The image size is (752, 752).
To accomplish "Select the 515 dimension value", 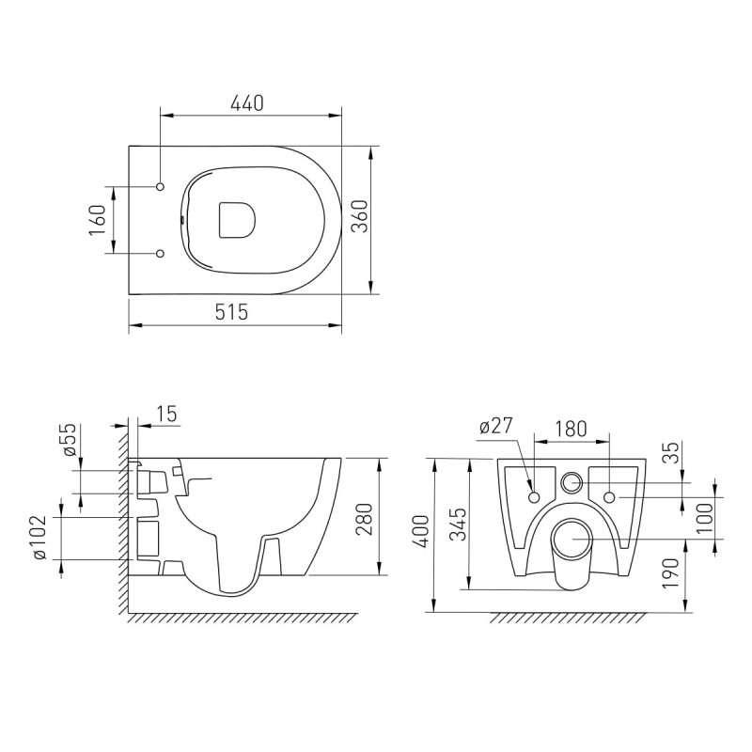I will tap(230, 312).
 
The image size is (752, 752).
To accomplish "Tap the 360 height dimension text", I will tap(358, 220).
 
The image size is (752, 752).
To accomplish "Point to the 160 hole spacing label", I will tap(96, 220).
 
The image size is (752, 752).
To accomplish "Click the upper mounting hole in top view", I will tap(161, 186).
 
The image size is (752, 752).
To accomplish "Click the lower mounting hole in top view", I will tap(161, 253).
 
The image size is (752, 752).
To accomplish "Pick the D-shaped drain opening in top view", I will tap(236, 219).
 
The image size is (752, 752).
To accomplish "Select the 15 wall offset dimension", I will tap(166, 414).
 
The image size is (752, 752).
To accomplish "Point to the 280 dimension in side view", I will tap(366, 517).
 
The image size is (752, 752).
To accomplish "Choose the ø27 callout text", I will tap(495, 426).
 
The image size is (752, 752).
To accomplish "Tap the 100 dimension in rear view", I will tap(704, 515).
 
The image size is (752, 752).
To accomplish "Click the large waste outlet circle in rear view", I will tap(571, 540).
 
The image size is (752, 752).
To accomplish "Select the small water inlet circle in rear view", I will tap(571, 483).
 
